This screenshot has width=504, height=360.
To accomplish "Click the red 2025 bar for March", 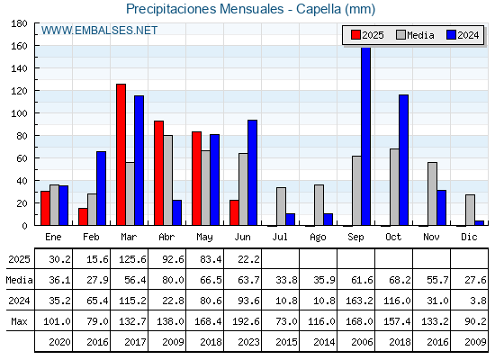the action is coord(121,155).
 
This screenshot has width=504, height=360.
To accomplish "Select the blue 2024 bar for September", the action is coord(365,136).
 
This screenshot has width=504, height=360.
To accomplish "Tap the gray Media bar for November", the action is coord(432,193).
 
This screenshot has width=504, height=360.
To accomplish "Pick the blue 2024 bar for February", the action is coord(101,188).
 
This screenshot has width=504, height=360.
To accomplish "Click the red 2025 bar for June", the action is coord(234,212).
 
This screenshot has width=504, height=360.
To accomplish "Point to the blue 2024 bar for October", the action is coord(404,160).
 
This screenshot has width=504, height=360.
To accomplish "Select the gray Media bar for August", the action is coord(319,205).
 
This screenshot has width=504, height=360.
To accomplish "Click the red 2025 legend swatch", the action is coord(355,35).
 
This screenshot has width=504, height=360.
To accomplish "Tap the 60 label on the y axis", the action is coord(22,158).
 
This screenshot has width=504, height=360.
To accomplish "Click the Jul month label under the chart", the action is coord(280,237).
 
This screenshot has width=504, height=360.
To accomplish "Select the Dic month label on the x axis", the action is coord(469,237).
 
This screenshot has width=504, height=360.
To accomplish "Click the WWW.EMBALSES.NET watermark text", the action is coord(99,31).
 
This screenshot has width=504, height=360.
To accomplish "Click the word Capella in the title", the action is coord(319,9).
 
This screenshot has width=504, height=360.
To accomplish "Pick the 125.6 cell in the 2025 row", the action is coord(132,259).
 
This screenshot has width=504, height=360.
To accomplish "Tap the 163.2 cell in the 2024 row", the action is coord(359,301).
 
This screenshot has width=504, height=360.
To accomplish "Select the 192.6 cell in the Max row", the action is coord(246,321).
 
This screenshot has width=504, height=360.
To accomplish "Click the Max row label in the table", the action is coord(19,321).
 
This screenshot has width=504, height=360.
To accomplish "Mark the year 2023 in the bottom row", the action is coord(248,342).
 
